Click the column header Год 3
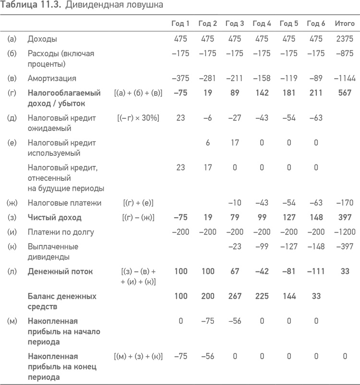(x=235, y=23)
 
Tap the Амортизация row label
(x=52, y=78)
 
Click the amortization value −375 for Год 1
(x=180, y=78)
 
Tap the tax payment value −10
(x=235, y=203)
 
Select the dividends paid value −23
(x=235, y=247)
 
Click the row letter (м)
(x=12, y=321)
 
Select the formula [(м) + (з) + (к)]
(x=139, y=357)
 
